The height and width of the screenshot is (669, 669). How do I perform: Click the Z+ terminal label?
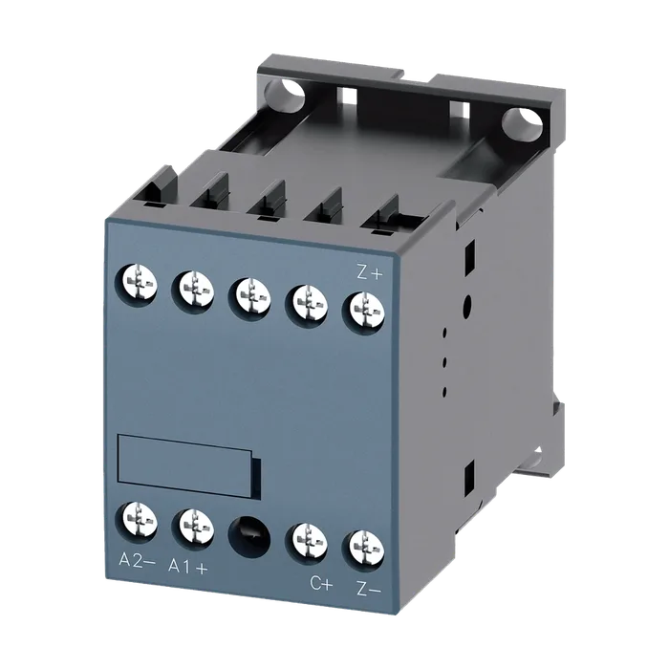pos(370,273)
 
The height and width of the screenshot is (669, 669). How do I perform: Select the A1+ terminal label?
pos(188,567)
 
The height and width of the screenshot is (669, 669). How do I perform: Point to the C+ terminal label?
pos(321,584)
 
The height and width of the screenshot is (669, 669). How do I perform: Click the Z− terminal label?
pos(368,590)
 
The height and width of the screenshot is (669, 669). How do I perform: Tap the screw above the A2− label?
pos(137,522)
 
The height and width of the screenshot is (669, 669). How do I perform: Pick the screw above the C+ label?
pos(307,543)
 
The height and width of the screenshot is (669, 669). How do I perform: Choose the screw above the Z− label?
pos(363,550)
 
